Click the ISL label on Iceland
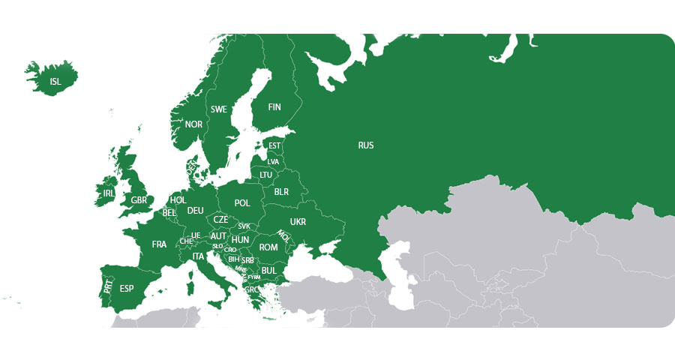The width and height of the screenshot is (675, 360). click(55, 82)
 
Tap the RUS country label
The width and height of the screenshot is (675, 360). click(366, 145)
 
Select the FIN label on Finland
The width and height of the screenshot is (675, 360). click(274, 107)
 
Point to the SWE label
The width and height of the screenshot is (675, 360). click(218, 109)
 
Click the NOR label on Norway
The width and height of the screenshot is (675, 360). click(193, 124)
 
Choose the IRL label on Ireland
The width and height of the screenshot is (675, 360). click(108, 193)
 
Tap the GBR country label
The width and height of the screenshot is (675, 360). click(139, 200)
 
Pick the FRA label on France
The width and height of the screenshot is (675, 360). click(159, 244)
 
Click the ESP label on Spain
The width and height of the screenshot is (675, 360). click(127, 289)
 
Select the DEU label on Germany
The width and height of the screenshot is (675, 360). click(195, 211)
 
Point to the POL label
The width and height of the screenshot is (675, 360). click(242, 203)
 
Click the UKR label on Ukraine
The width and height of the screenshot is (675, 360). click(298, 222)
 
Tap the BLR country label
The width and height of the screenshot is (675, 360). click(281, 192)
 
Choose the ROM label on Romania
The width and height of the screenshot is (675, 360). click(268, 247)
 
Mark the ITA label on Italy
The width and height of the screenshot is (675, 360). click(198, 256)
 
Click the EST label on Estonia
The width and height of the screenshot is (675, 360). click(274, 145)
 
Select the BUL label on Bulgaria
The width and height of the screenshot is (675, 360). click(268, 270)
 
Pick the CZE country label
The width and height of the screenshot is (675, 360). click(220, 220)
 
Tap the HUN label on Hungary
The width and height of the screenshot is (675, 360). click(241, 240)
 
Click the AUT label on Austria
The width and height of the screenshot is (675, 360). click(218, 235)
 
